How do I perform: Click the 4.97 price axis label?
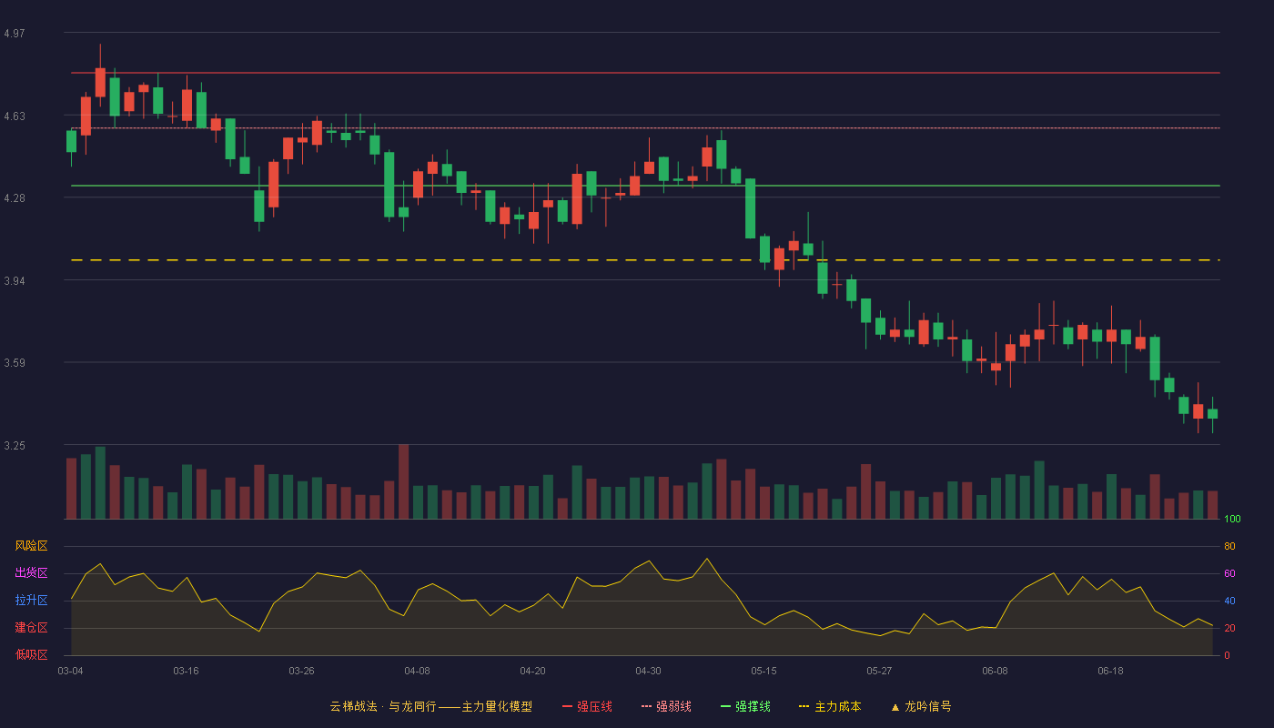coord(15,34)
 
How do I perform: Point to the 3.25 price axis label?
coord(15,446)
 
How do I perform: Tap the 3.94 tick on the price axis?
coord(15,281)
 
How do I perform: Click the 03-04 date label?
coord(71,672)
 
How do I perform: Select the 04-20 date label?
coord(533,672)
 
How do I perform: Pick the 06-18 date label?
coord(1111,672)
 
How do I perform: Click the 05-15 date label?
coord(763,672)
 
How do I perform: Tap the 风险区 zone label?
coord(31,546)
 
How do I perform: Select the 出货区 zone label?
coord(31,572)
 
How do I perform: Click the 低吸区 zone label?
coord(31,655)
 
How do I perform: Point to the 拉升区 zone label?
coord(31,600)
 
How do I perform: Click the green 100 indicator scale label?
coord(1232,519)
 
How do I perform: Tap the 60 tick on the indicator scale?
coord(1229,573)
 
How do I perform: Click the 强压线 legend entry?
coord(588,707)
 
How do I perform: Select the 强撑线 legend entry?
coord(745,707)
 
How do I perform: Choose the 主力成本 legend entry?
coord(830,707)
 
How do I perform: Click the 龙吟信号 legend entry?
coord(921,707)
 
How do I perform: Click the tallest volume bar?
coord(404,481)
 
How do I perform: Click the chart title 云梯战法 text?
coord(354,707)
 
